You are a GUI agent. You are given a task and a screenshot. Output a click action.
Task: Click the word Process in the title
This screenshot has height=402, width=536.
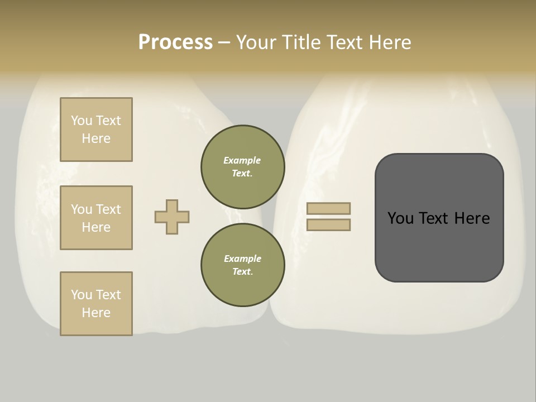click(x=175, y=42)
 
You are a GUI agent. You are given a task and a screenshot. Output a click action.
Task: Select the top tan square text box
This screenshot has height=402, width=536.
click(x=96, y=130)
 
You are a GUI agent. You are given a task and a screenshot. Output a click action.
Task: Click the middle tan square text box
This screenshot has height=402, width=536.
click(x=96, y=218)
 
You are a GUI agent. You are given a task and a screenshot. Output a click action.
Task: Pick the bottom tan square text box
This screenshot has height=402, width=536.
click(x=96, y=304)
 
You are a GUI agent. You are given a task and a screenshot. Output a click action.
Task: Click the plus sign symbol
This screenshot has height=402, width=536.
click(x=172, y=217)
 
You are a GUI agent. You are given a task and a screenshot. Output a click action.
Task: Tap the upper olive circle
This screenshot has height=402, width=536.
click(x=242, y=167)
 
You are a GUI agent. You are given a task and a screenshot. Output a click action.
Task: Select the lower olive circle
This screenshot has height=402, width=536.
click(x=242, y=265)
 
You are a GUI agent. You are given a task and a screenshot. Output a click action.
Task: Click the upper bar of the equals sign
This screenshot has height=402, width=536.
click(x=329, y=208)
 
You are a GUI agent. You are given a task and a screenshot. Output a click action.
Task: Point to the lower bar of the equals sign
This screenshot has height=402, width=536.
click(x=329, y=224)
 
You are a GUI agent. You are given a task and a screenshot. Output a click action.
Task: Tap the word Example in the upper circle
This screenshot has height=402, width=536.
click(x=242, y=160)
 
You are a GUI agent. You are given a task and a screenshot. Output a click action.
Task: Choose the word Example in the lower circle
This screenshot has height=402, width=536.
click(x=242, y=259)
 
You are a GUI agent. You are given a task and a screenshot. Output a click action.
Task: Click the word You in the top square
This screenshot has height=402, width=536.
click(x=82, y=121)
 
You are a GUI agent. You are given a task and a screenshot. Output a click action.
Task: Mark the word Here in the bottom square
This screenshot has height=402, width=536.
click(x=96, y=313)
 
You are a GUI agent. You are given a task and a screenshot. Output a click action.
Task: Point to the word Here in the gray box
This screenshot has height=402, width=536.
click(x=472, y=218)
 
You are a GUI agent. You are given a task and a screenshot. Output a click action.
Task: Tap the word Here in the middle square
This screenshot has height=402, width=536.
click(x=96, y=227)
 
